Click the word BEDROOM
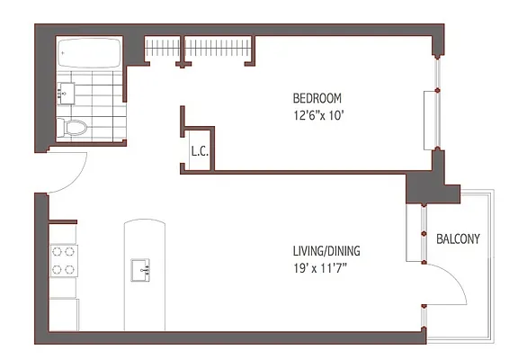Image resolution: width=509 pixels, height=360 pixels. [x=317, y=97]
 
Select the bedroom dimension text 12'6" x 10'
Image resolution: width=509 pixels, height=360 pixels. [x=317, y=114]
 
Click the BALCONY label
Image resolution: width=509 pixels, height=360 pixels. [x=457, y=239]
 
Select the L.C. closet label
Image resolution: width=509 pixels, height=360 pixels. [x=199, y=152]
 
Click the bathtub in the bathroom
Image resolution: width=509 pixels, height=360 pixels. [x=88, y=54]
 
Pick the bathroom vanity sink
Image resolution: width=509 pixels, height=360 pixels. [x=67, y=92]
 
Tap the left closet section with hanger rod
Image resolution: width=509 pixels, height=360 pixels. [x=163, y=48]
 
